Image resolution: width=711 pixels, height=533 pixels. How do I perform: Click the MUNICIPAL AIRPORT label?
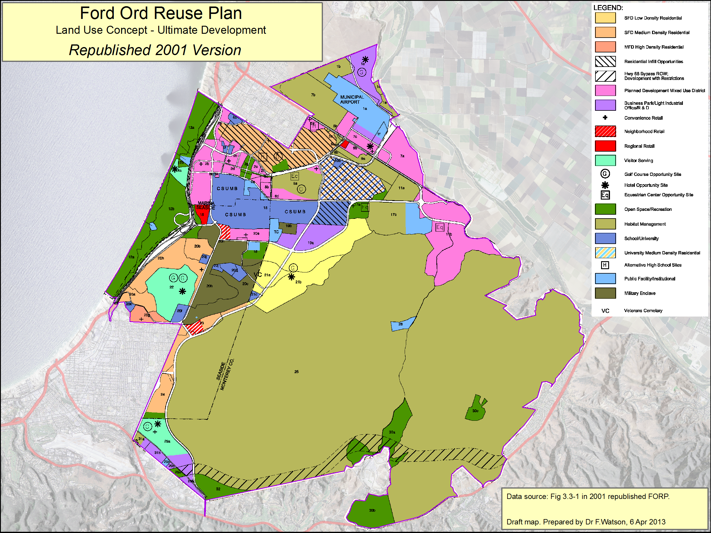pyautogui.click(x=352, y=99)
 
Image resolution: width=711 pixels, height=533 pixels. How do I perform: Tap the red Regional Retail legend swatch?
pyautogui.click(x=605, y=146)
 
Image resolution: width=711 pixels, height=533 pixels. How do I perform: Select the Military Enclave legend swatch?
pyautogui.click(x=605, y=293)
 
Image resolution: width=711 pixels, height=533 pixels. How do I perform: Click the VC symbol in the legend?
pyautogui.click(x=605, y=311)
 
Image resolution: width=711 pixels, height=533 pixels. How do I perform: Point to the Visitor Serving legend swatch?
pyautogui.click(x=605, y=160)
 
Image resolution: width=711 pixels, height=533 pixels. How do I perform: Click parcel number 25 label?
pyautogui.click(x=296, y=372)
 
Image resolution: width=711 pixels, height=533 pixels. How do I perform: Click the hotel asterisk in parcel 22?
pyautogui.click(x=182, y=291)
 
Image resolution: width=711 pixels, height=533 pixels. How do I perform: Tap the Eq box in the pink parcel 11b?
pyautogui.click(x=439, y=227)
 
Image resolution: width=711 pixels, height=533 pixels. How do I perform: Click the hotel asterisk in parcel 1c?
pyautogui.click(x=365, y=60)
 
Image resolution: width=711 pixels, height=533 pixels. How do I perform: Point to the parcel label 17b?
pyautogui.click(x=393, y=215)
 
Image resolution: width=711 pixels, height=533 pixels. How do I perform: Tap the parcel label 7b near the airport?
pyautogui.click(x=313, y=95)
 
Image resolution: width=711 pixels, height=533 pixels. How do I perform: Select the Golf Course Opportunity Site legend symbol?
pyautogui.click(x=605, y=174)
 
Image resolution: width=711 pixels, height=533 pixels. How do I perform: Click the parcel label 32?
pyautogui.click(x=218, y=489)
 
